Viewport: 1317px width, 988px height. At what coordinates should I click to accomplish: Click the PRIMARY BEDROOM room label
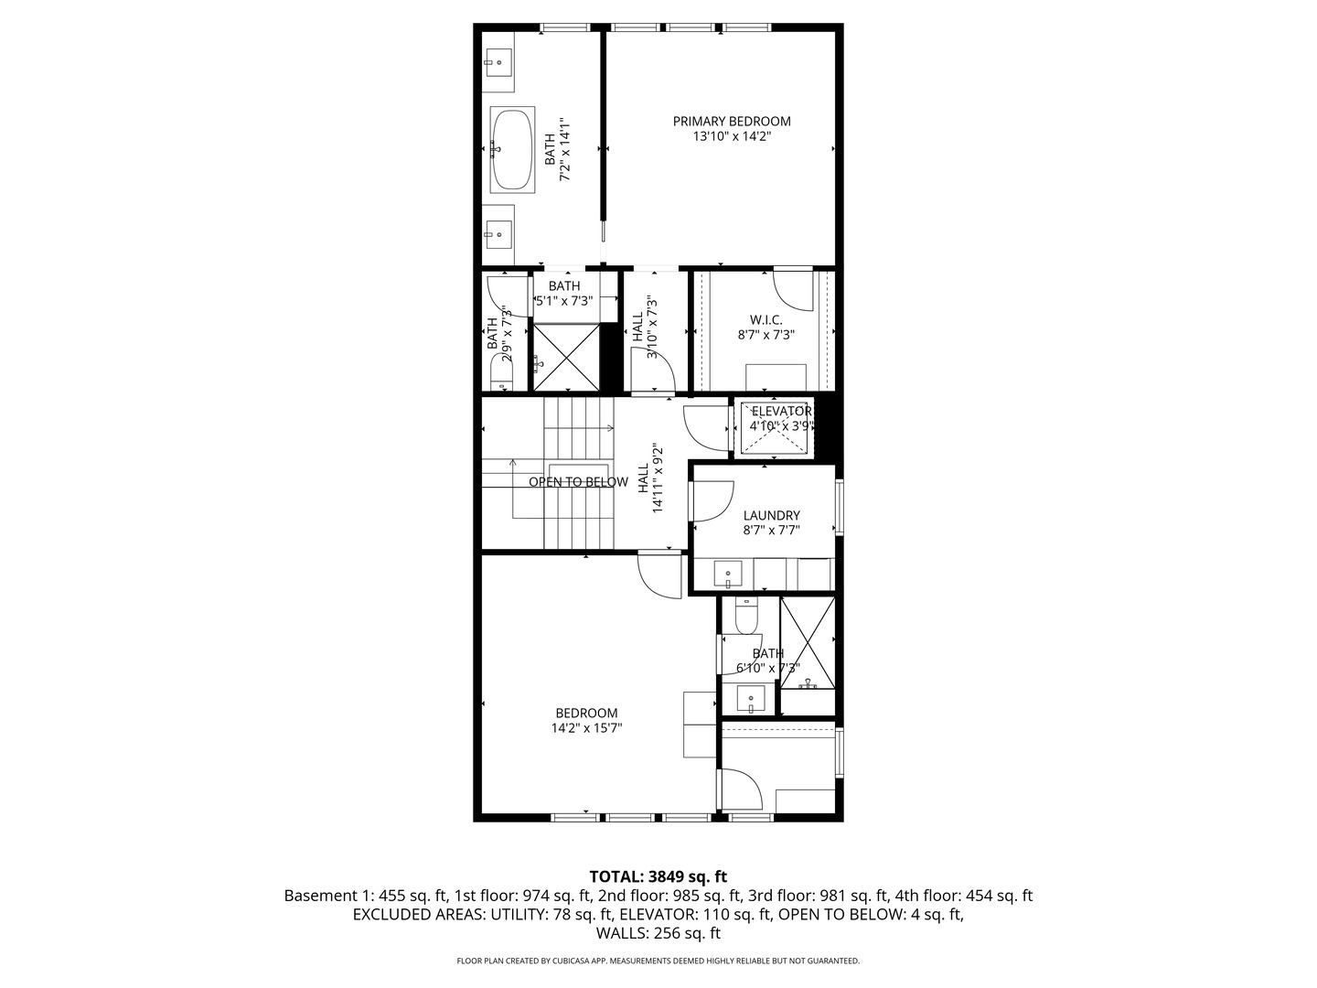(732, 121)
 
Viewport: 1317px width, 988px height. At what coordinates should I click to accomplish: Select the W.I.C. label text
(766, 319)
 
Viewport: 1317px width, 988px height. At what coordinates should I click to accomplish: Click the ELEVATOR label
(781, 411)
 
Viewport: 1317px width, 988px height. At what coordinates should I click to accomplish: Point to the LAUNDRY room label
(771, 515)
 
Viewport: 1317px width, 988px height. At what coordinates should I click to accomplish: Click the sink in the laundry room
(728, 575)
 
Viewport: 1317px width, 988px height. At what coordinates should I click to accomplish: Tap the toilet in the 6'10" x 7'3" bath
(746, 617)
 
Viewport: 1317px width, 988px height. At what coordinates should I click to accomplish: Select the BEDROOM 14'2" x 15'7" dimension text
(586, 729)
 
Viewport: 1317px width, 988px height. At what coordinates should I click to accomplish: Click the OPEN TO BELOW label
(578, 482)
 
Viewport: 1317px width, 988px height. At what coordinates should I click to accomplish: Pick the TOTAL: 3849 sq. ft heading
(658, 876)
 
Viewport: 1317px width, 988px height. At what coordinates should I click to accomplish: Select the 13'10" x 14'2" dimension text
(732, 136)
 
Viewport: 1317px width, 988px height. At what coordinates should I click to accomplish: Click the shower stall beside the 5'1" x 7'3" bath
(567, 357)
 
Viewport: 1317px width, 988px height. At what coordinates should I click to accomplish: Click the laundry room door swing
(712, 500)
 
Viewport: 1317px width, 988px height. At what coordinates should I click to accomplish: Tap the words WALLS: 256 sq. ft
(658, 934)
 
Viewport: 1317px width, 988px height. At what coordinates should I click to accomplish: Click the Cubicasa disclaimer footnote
(658, 961)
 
